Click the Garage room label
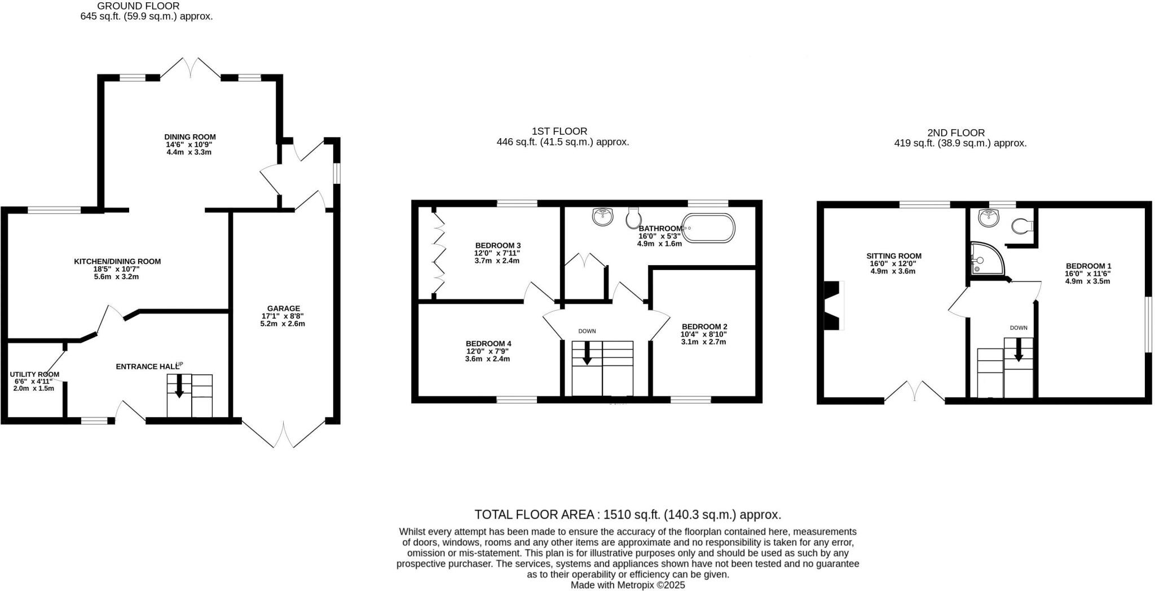tap(283, 308)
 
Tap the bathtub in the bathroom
tap(709, 228)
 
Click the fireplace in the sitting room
tap(833, 305)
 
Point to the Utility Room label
tap(34, 374)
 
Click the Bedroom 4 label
tap(488, 343)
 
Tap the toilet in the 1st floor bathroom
tap(634, 217)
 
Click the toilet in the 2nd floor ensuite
tap(1021, 226)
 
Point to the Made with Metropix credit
tap(627, 585)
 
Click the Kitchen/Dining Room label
tap(117, 262)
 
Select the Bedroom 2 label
tap(704, 327)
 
